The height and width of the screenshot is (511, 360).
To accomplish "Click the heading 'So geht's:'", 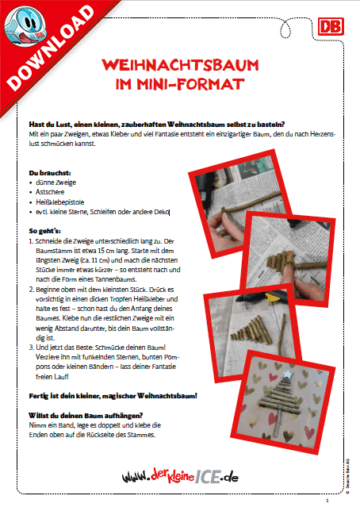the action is tap(43, 231).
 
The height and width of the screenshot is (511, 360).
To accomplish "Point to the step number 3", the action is tap(29, 347).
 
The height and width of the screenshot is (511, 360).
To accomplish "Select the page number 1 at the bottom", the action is tap(336, 501).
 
